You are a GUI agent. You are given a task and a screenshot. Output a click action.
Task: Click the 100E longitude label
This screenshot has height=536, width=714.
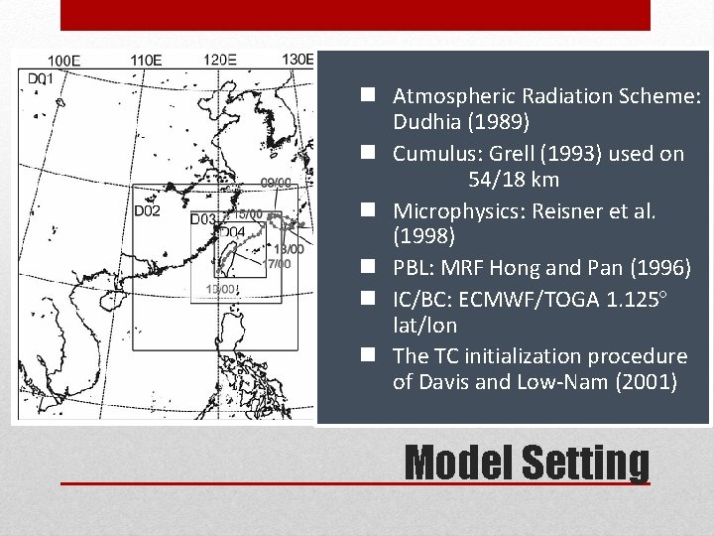click(x=64, y=62)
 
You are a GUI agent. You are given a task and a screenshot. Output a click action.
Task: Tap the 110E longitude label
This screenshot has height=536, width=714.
click(x=146, y=61)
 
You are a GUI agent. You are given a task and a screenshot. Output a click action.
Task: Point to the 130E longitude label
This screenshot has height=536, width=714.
click(x=297, y=60)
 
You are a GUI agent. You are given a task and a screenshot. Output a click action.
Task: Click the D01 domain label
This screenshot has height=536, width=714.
click(x=41, y=78)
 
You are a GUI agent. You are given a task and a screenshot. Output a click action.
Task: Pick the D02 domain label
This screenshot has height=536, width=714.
click(x=147, y=210)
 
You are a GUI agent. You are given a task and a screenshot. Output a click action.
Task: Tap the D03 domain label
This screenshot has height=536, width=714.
click(x=203, y=219)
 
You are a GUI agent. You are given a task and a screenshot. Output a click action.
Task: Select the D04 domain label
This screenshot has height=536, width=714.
click(x=231, y=232)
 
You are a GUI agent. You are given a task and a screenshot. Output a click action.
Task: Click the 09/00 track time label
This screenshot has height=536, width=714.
click(x=276, y=183)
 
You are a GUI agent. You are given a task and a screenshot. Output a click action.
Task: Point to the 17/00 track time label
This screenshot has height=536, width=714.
click(x=279, y=264)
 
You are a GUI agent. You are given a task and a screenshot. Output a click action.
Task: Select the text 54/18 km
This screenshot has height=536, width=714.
click(x=514, y=180)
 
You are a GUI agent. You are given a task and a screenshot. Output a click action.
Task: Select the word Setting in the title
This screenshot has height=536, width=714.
click(x=585, y=463)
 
